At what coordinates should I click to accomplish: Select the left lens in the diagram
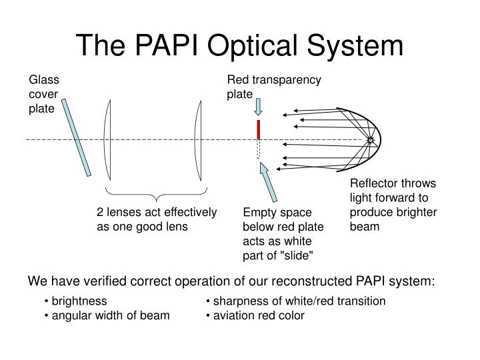pos(107,140)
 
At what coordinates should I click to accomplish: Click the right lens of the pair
pos(198,140)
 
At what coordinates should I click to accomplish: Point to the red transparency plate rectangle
pos(258,129)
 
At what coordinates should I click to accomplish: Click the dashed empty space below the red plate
pos(258,149)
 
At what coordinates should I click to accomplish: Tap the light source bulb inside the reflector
pos(371,140)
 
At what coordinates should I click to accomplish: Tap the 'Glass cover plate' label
pos(43,95)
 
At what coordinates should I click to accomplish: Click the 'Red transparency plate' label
pos(273,87)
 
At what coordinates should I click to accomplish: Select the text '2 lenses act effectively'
pos(157,212)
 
